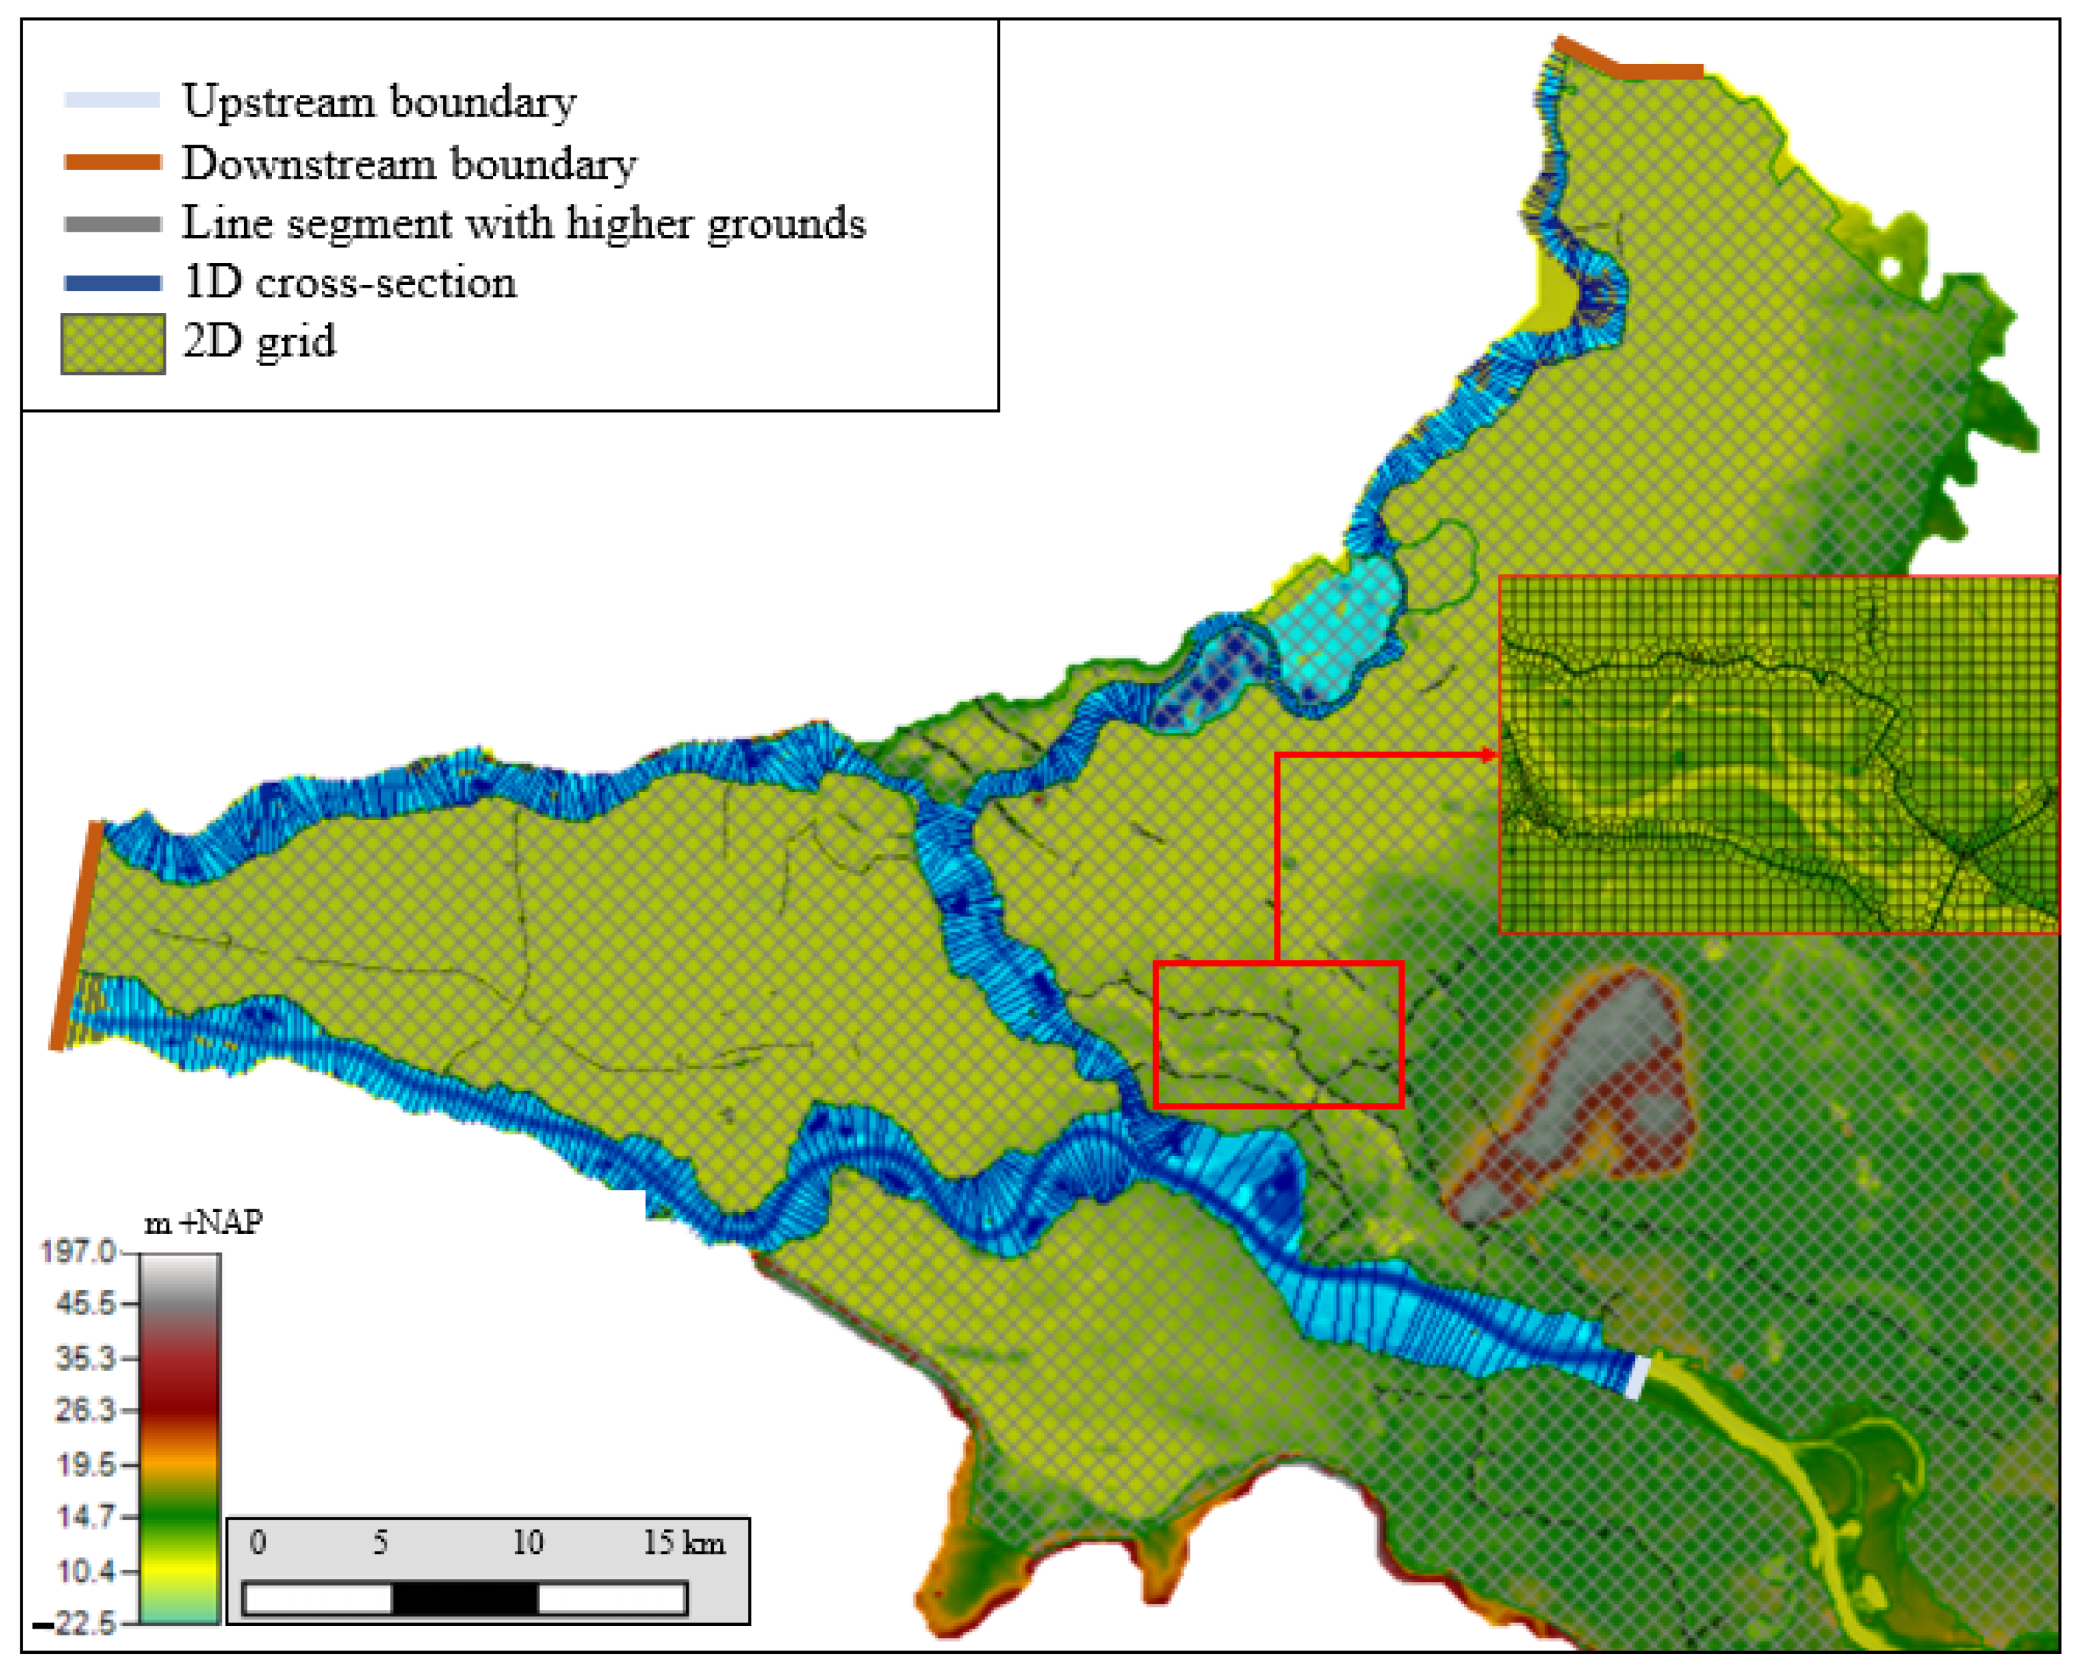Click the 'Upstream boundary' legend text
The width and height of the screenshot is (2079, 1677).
(378, 102)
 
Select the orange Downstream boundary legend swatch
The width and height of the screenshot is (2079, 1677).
(112, 162)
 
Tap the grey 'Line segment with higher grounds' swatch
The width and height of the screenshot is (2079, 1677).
(112, 224)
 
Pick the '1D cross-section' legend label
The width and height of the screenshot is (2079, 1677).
(350, 283)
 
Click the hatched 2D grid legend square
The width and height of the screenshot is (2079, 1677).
(112, 344)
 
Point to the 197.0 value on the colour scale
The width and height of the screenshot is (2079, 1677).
(77, 1252)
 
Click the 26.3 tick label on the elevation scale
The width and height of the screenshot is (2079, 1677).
(85, 1410)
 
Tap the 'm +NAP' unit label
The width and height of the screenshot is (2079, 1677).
(203, 1223)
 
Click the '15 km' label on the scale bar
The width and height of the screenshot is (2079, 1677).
(684, 1543)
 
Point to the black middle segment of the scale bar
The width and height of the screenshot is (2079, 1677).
(464, 1599)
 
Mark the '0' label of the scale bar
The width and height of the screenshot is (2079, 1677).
(257, 1542)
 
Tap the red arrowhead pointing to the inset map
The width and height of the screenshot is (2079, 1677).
(1489, 755)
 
